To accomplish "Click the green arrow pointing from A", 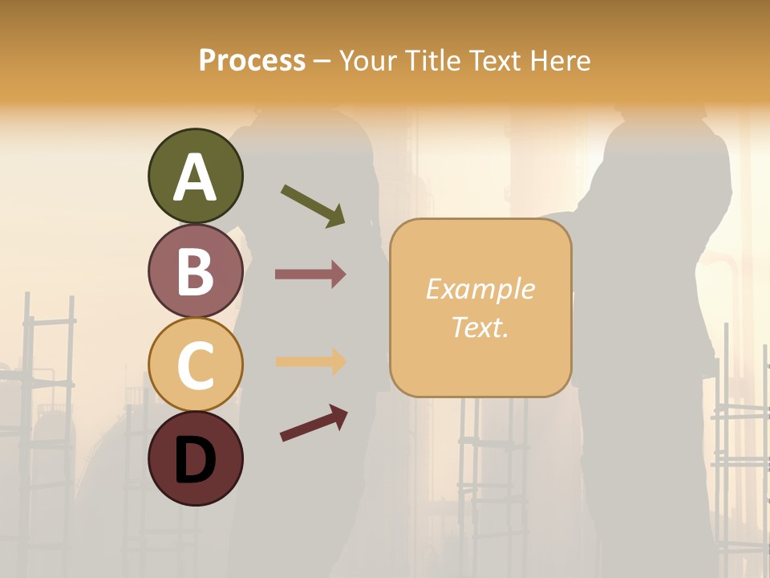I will [x=314, y=206].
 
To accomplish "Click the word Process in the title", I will [x=252, y=60].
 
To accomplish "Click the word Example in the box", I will [x=480, y=289].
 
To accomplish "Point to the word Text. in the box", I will [x=480, y=327].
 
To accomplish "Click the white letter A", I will [x=195, y=177].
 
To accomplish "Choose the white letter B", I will [x=195, y=271].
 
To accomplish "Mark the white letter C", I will [x=195, y=365].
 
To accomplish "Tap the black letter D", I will [x=195, y=461].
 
